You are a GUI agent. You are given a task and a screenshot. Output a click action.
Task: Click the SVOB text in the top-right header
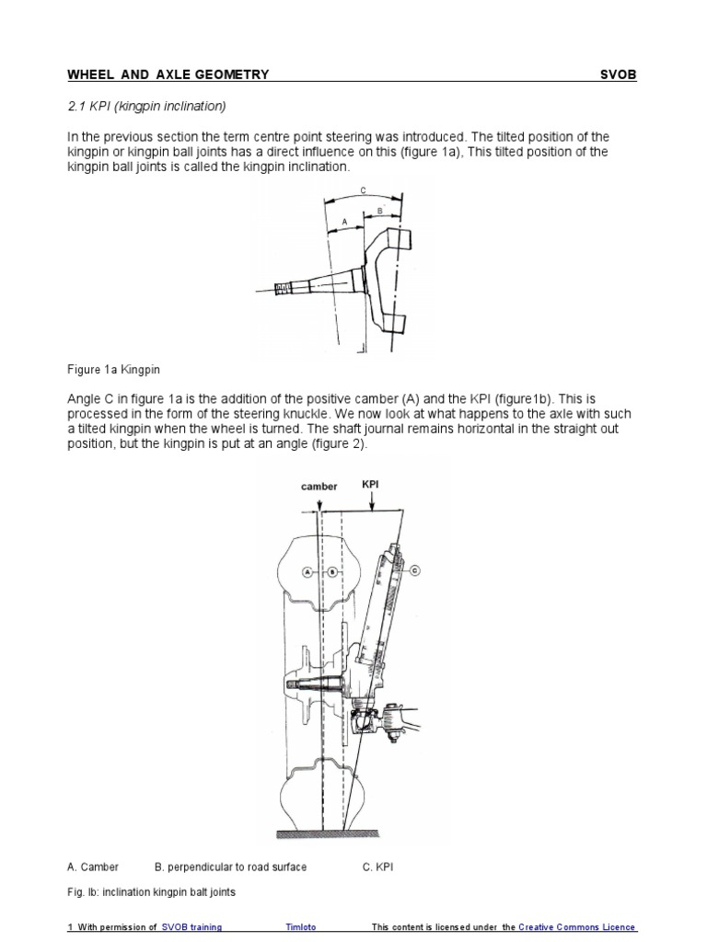tap(618, 75)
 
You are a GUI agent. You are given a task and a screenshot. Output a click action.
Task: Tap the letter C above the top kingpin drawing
tap(363, 190)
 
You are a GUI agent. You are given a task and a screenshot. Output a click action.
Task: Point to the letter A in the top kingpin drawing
tap(344, 222)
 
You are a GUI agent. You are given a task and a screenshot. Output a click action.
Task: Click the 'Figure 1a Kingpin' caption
tap(114, 370)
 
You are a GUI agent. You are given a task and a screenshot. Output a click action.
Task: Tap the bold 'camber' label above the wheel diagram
tap(319, 486)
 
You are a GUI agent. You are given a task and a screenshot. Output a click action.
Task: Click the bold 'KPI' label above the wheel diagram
tap(371, 480)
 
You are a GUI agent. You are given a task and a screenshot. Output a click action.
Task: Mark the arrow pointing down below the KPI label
tap(371, 501)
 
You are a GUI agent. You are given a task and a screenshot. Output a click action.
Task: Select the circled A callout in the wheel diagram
tap(307, 571)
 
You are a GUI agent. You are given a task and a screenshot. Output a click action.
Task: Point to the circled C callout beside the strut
tap(414, 569)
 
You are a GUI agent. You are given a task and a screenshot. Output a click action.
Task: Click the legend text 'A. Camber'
tap(93, 867)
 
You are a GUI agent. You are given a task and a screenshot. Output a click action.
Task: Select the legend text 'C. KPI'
tap(378, 867)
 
